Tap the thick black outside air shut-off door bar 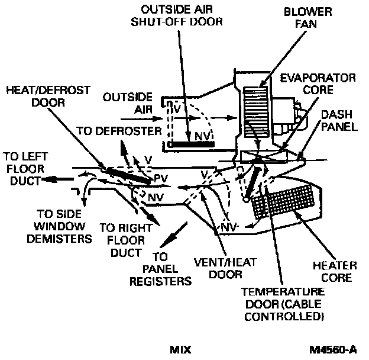(x=191, y=144)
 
